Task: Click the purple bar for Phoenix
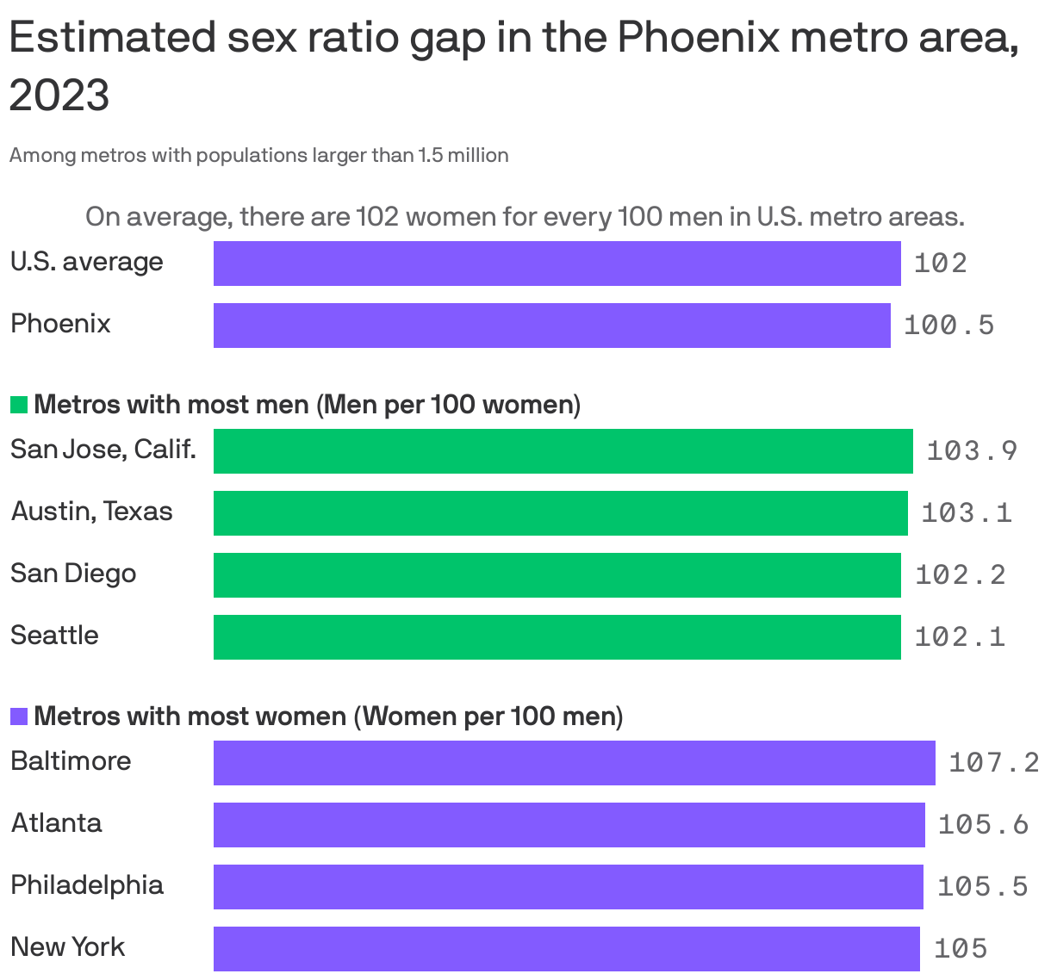coord(551,326)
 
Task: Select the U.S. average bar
coord(557,264)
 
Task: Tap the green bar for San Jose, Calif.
coord(563,451)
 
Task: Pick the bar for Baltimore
coord(574,763)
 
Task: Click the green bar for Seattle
coord(557,637)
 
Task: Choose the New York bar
coord(566,949)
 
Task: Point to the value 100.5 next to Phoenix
coord(948,326)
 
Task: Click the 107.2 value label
coord(993,763)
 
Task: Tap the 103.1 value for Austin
coord(966,513)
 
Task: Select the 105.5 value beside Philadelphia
coord(982,887)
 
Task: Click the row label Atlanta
coord(56,823)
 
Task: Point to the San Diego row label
coord(73,574)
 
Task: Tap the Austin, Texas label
coord(91,512)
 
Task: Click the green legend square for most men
coord(19,405)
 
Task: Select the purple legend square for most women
coord(19,716)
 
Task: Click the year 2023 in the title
coord(59,96)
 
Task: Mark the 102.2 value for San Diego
coord(960,575)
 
